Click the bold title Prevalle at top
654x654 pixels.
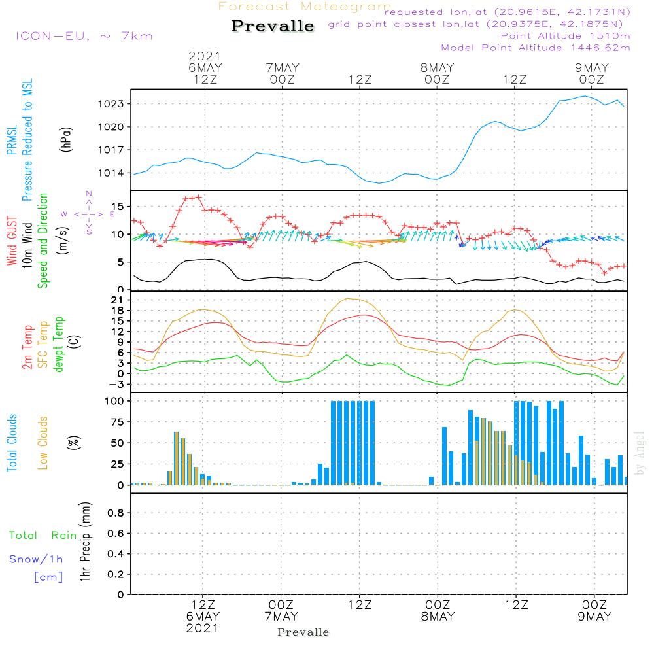pos(273,26)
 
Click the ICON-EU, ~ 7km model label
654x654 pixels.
pos(84,36)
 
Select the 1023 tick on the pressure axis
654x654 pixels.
pos(111,104)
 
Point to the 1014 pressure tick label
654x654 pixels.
pos(111,173)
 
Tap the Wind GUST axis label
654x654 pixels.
pos(12,241)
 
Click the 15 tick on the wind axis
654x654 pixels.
pos(118,207)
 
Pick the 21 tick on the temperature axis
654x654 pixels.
pos(118,300)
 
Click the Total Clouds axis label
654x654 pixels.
pos(12,443)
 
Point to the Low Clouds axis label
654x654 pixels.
pos(43,443)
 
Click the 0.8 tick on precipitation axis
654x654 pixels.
pos(116,513)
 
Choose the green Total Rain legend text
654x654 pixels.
pos(43,536)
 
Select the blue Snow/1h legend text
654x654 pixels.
pos(36,559)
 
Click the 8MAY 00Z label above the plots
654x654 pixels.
pos(437,73)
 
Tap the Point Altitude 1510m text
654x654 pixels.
pos(565,36)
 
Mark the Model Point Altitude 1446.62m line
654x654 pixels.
pos(536,48)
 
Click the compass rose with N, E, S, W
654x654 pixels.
pos(88,213)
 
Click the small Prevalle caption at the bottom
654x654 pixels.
pos(303,632)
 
